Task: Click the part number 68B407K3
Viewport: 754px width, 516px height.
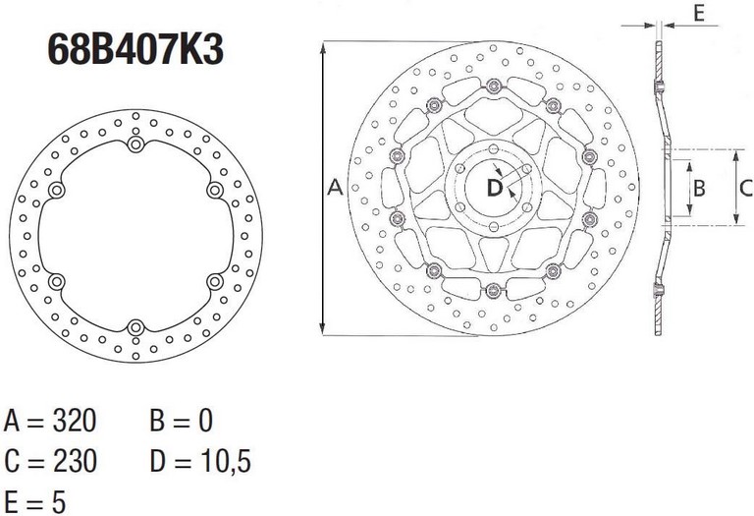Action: pyautogui.click(x=135, y=49)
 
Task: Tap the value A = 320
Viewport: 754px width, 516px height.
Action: pyautogui.click(x=50, y=421)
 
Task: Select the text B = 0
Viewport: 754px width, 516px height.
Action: pyautogui.click(x=182, y=421)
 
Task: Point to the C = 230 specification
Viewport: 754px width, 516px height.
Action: pyautogui.click(x=50, y=461)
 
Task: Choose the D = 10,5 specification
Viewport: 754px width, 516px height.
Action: pyautogui.click(x=200, y=462)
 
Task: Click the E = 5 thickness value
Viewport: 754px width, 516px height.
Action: pyautogui.click(x=34, y=501)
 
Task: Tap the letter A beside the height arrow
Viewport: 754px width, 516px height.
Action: pyautogui.click(x=335, y=188)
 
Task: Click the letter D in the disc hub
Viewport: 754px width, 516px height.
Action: pyautogui.click(x=495, y=188)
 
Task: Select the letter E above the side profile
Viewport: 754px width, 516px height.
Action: pyautogui.click(x=699, y=13)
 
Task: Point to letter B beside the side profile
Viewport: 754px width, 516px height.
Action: pyautogui.click(x=699, y=188)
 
